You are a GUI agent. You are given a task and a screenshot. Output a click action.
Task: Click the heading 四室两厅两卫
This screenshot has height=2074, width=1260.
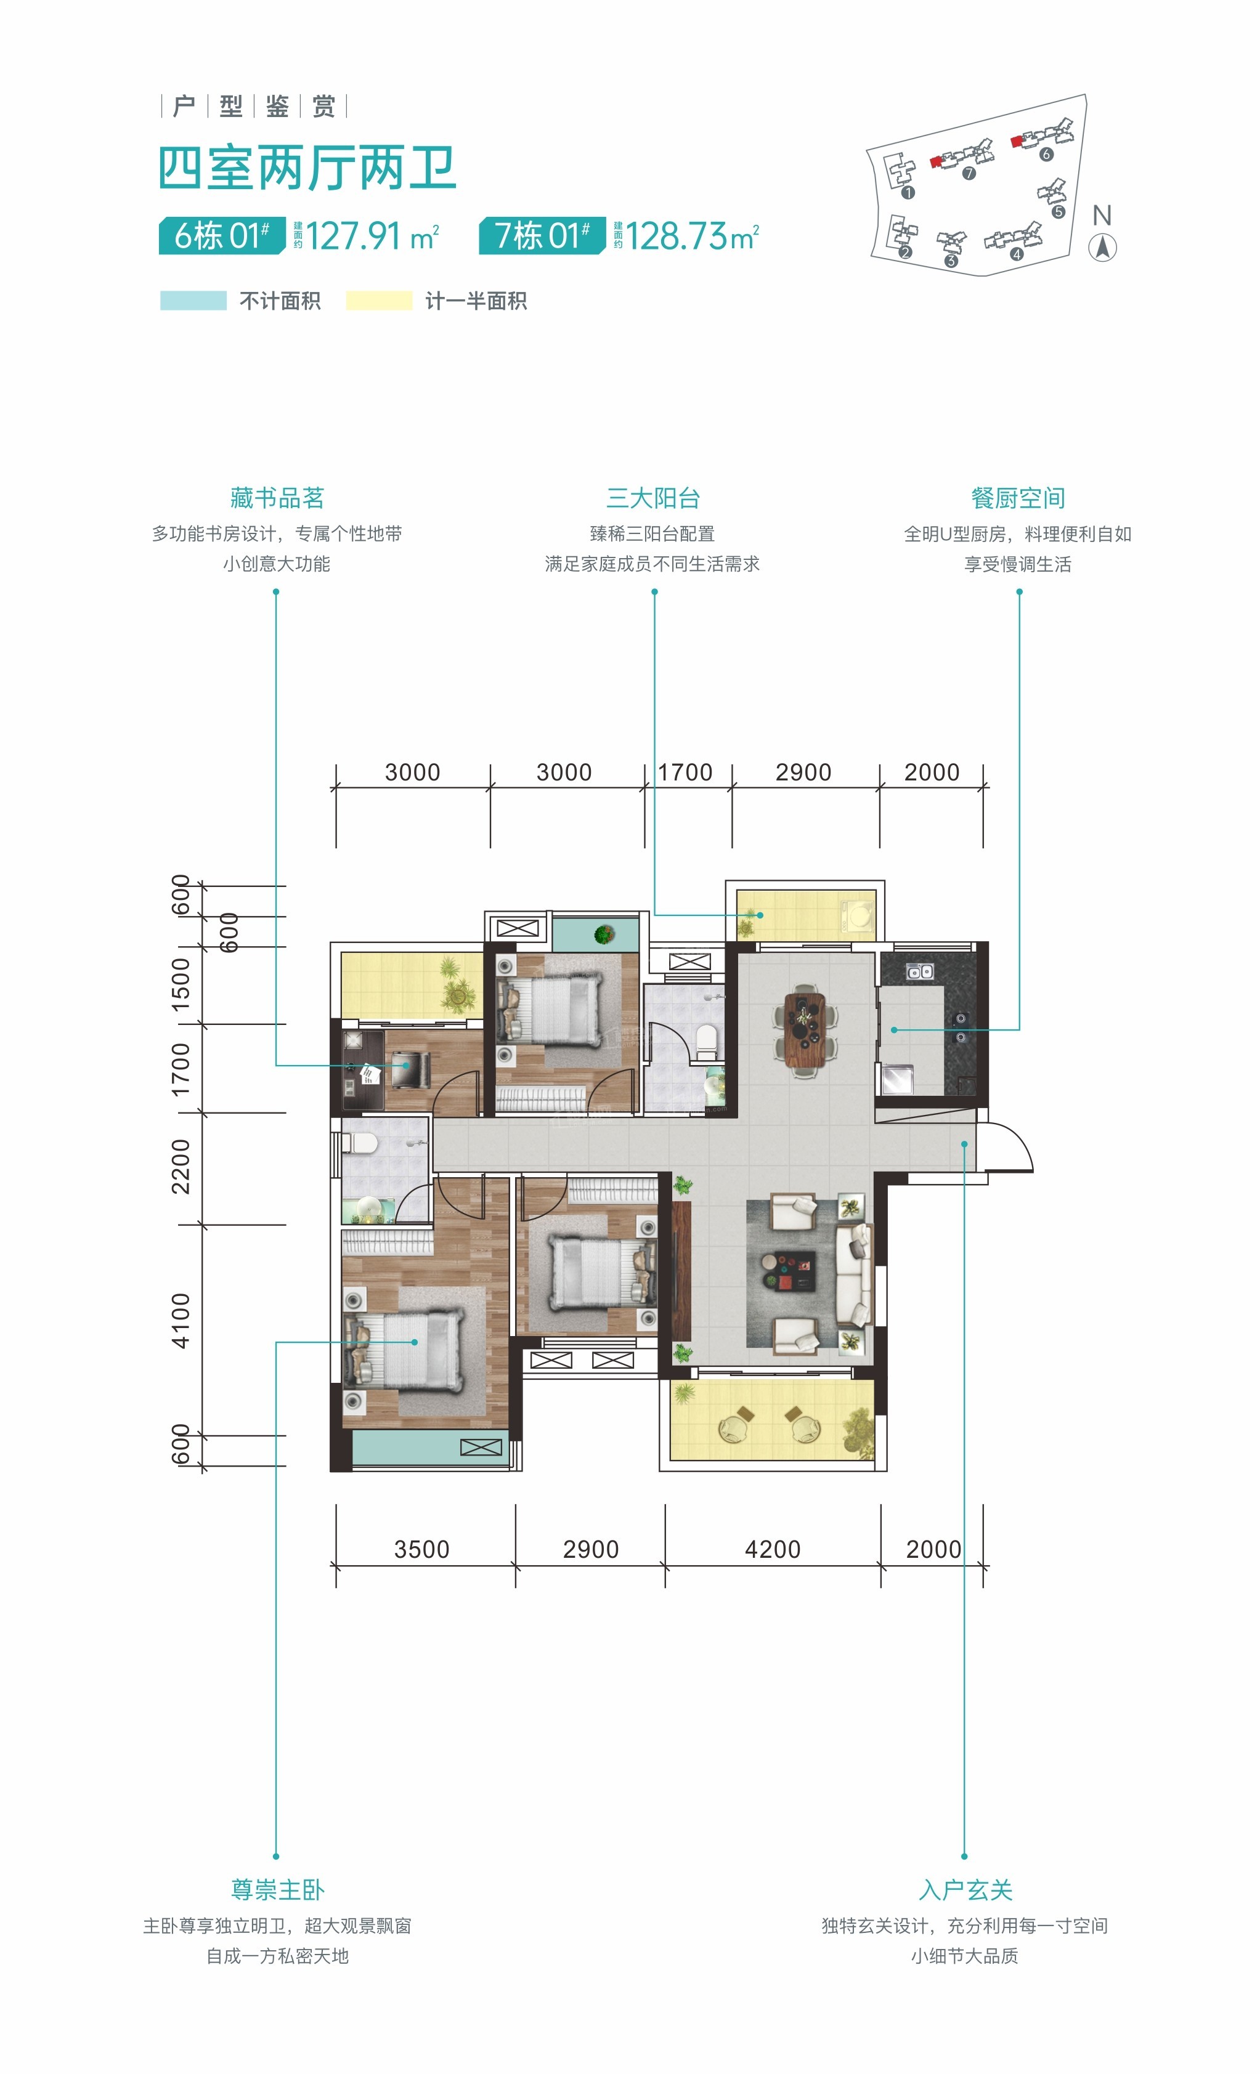pos(307,168)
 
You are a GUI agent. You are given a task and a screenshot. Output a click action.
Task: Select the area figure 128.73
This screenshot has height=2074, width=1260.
pos(676,236)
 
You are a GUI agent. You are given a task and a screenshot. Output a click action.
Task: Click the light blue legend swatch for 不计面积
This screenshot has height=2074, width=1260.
pos(193,301)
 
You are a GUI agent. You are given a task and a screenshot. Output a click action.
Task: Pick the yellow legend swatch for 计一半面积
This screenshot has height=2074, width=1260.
pos(379,301)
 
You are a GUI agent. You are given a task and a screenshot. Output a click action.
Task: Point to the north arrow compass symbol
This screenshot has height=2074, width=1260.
pos(1103,248)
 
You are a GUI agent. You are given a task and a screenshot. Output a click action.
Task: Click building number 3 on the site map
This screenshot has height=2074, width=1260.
pos(951,261)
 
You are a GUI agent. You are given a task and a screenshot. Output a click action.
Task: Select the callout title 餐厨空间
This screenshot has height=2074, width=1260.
pos(1018,498)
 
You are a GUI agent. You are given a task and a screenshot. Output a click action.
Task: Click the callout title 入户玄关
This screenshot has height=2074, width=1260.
pos(965,1890)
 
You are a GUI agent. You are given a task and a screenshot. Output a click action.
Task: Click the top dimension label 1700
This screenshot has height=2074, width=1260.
pos(685,772)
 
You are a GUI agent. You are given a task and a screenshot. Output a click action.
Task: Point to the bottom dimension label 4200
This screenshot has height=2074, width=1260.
pos(773,1549)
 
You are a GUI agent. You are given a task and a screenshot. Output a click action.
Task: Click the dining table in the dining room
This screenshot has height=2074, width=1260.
pos(805,1029)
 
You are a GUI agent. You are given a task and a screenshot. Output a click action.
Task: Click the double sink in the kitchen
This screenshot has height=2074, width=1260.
pos(919,971)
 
